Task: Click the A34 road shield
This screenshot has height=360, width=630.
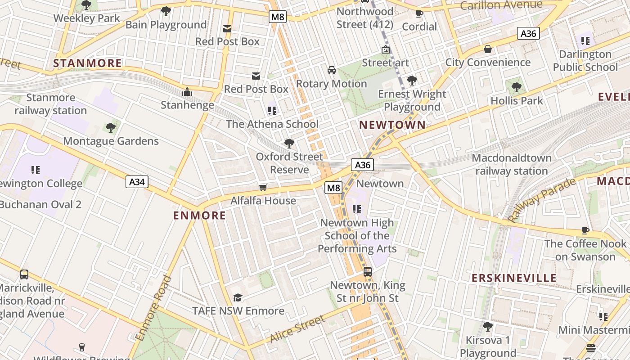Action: pyautogui.click(x=137, y=182)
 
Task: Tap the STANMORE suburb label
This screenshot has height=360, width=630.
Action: pyautogui.click(x=88, y=63)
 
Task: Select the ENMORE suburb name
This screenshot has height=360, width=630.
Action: pyautogui.click(x=200, y=216)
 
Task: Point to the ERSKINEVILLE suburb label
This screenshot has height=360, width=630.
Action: pyautogui.click(x=514, y=278)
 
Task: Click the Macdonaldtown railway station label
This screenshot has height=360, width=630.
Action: pyautogui.click(x=512, y=165)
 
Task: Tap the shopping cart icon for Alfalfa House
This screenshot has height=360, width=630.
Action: pyautogui.click(x=263, y=187)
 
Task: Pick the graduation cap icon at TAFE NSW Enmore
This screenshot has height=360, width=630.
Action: pyautogui.click(x=238, y=298)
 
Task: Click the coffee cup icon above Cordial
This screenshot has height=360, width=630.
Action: pyautogui.click(x=419, y=13)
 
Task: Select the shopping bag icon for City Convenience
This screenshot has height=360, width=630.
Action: pyautogui.click(x=488, y=49)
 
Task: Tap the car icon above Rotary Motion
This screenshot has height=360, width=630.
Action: pyautogui.click(x=332, y=70)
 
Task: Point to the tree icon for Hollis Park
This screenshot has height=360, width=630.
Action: pyautogui.click(x=517, y=87)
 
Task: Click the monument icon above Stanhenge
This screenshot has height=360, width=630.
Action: pyautogui.click(x=187, y=92)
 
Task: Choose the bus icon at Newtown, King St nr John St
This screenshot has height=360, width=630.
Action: pyautogui.click(x=368, y=272)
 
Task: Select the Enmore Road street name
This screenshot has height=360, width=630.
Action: pyautogui.click(x=154, y=308)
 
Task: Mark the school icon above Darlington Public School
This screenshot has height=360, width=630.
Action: pyautogui.click(x=585, y=41)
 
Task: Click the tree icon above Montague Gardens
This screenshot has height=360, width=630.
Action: pyautogui.click(x=111, y=128)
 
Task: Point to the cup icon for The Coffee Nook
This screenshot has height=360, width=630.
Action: pyautogui.click(x=585, y=231)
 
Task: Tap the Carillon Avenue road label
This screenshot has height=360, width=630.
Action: pyautogui.click(x=501, y=5)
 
